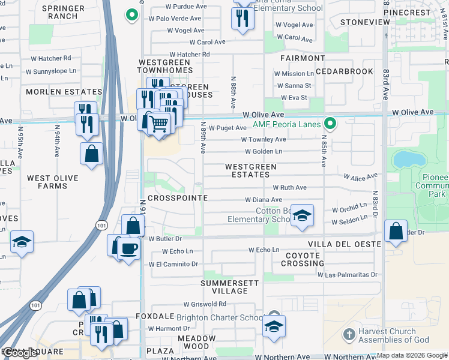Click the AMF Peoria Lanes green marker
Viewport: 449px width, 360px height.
coord(330,124)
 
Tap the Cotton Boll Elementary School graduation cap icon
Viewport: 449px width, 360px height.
coord(303,216)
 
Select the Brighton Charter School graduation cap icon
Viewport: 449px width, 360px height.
coord(274,326)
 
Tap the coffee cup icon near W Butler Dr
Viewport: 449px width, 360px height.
coord(128,248)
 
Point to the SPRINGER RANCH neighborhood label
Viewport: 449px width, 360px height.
coord(64,12)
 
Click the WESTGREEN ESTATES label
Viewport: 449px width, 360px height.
coord(250,170)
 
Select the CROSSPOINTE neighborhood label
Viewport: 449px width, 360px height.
coord(178,198)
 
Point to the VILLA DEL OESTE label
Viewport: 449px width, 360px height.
coord(345,245)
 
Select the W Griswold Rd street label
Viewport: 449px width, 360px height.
coord(205,304)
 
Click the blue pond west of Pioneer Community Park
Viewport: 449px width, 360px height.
coord(407,160)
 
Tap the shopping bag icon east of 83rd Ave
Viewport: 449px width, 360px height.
coord(396,231)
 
